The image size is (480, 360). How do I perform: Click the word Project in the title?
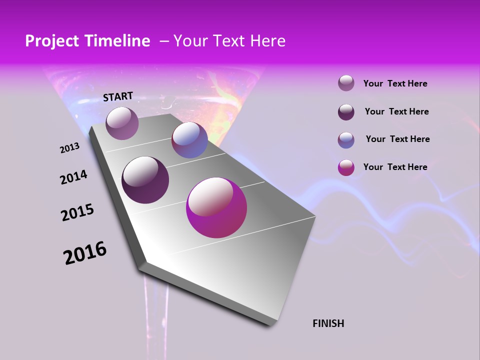51,41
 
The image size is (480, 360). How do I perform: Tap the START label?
118,96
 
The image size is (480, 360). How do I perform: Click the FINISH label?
328,323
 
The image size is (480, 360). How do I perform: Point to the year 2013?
70,148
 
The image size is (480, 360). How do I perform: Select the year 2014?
74,177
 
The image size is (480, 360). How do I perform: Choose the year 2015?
77,212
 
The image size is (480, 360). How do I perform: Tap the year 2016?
85,253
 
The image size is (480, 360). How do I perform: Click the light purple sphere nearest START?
122,123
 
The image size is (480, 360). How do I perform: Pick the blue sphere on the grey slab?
189,140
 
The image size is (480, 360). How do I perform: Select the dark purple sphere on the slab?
145,180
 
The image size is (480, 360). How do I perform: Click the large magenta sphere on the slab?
216,207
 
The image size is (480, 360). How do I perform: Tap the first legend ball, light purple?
346,83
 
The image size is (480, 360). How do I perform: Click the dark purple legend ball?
346,112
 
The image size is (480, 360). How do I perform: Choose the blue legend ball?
346,140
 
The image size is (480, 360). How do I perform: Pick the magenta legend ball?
346,167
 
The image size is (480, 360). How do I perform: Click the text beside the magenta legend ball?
395,167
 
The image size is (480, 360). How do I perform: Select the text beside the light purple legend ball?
395,83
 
